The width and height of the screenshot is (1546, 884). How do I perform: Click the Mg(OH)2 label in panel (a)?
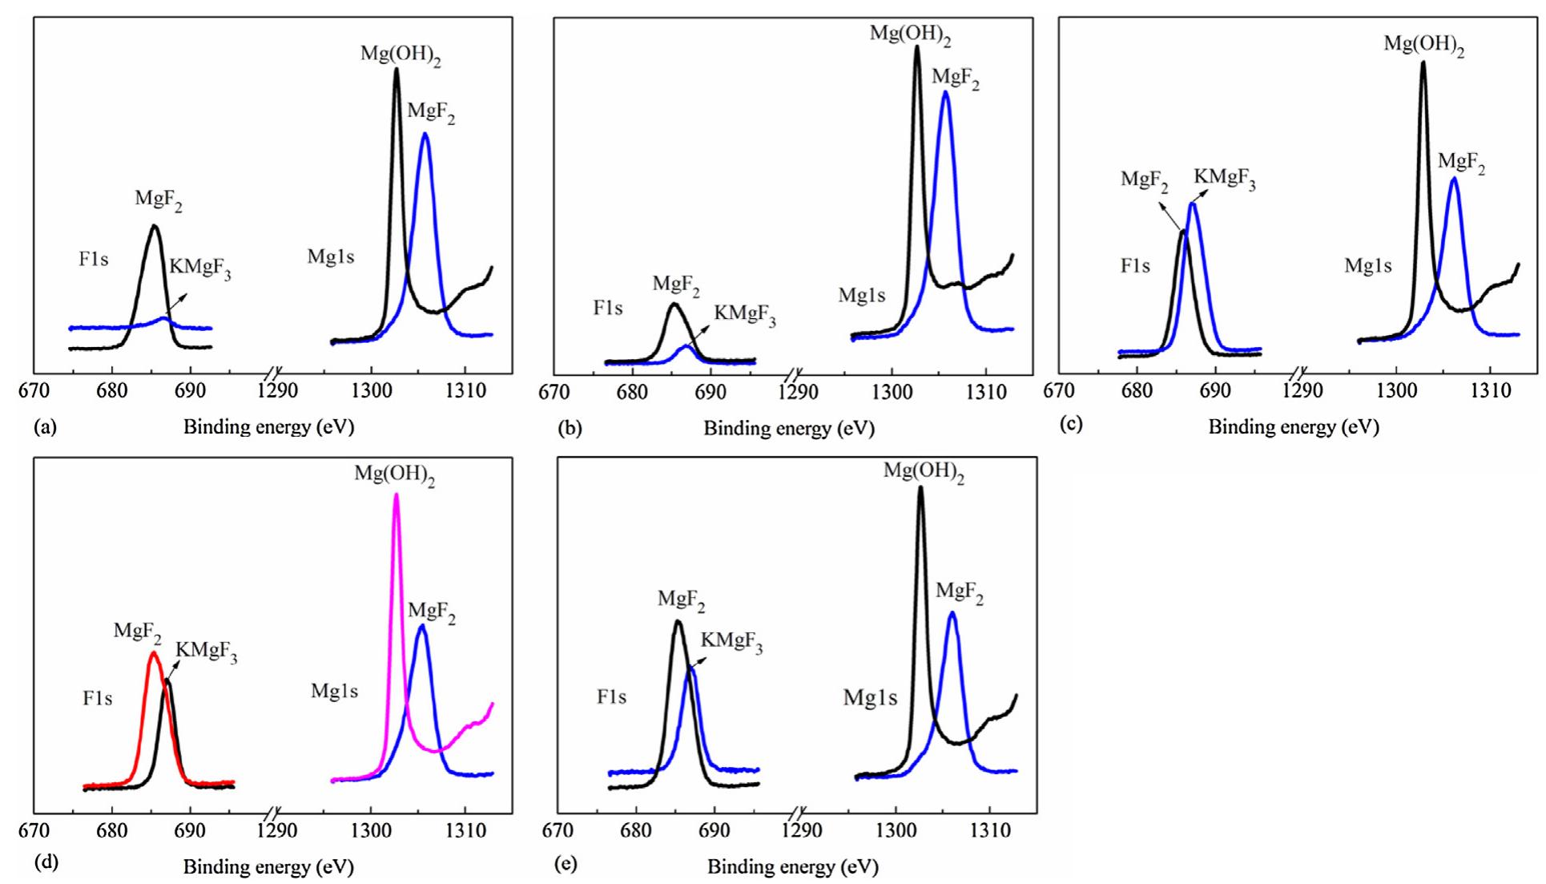401,55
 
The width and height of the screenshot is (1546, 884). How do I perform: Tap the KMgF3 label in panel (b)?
745,315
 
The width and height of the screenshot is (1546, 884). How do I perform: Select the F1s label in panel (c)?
1135,266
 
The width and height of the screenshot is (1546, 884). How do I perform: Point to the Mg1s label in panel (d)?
334,691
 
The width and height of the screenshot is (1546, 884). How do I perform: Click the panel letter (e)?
566,865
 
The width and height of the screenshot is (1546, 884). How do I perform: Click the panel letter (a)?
45,427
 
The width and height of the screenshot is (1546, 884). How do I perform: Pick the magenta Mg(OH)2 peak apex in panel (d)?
396,494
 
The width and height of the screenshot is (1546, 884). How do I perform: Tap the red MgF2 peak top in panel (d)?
154,653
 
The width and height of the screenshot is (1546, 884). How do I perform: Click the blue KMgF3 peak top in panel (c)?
1193,204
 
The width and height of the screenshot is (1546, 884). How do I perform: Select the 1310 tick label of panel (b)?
986,393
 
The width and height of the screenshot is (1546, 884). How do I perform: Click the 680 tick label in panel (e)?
636,830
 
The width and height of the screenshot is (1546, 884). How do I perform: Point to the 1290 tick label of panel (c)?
1303,391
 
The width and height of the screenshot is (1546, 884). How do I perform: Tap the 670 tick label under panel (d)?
34,830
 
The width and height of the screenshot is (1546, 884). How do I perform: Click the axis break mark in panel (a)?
274,373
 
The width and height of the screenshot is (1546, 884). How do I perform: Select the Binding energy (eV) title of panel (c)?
1294,427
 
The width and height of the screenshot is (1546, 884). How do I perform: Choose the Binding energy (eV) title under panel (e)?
793,866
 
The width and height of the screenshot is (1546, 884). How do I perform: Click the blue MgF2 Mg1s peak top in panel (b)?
946,91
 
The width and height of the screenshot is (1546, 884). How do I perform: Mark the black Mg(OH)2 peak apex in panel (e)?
920,487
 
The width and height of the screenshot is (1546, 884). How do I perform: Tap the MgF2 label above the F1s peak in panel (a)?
158,200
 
